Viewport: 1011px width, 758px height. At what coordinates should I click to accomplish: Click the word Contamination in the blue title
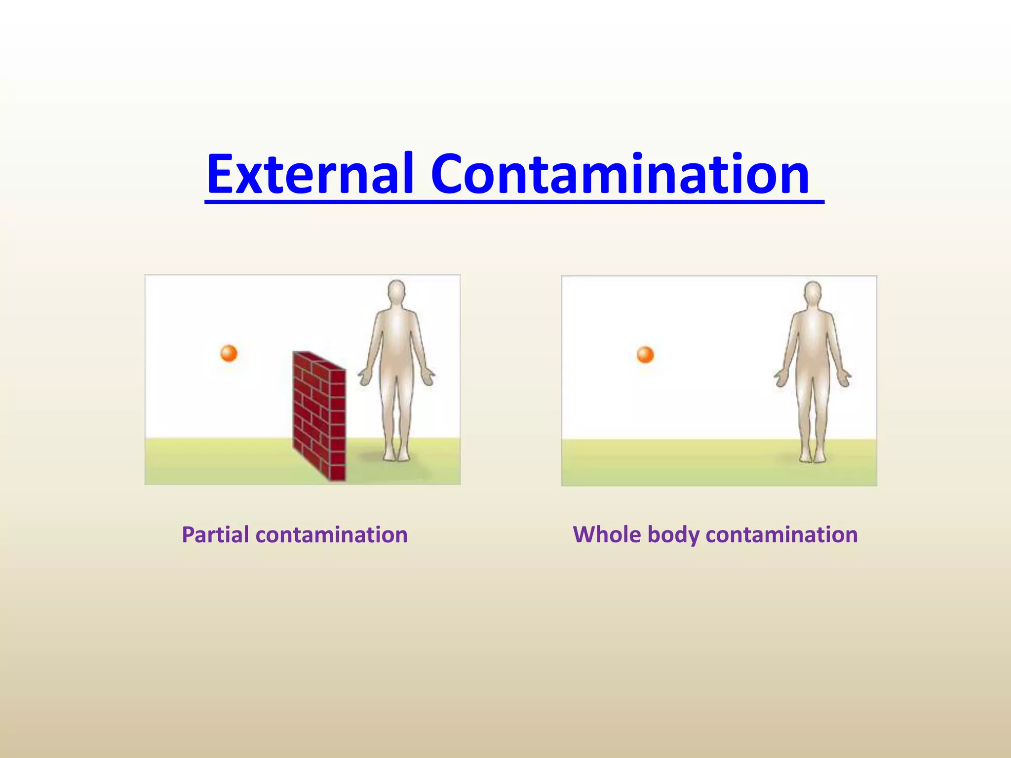click(620, 174)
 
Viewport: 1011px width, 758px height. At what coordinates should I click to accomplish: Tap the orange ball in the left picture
click(229, 353)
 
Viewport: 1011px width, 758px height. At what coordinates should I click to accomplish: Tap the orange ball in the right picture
click(645, 355)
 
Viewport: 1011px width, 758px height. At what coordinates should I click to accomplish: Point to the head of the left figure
click(396, 292)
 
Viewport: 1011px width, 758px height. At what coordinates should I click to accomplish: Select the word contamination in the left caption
click(331, 535)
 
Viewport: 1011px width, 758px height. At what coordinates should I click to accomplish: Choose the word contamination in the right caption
click(781, 535)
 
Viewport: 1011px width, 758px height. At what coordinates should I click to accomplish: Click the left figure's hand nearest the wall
click(364, 378)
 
